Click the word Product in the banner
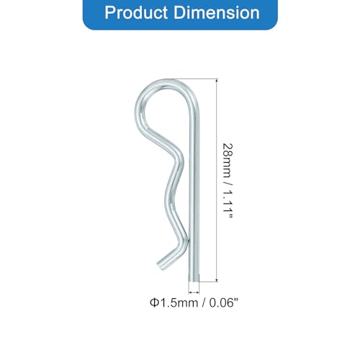point(136,12)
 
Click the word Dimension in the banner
point(216,12)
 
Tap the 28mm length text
point(228,161)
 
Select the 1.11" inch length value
point(228,204)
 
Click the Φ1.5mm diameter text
point(174,303)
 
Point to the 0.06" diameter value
point(225,303)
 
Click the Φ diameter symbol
point(154,303)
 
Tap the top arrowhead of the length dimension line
point(217,81)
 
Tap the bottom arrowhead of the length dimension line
point(217,279)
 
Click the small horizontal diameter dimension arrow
point(194,292)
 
